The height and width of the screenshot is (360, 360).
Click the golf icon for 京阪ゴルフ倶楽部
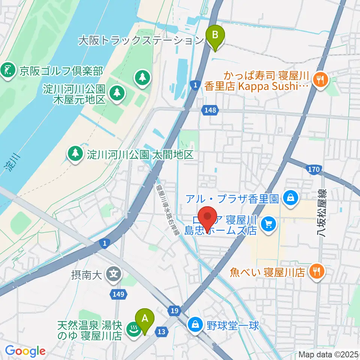coord(8,70)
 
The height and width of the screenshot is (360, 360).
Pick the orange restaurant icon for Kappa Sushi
coord(321,79)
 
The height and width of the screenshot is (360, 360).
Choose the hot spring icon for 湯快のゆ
coord(132,330)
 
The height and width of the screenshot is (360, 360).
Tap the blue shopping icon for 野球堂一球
coord(195,324)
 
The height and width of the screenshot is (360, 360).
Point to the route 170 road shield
coord(313,170)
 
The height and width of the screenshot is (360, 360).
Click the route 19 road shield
coord(174,310)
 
